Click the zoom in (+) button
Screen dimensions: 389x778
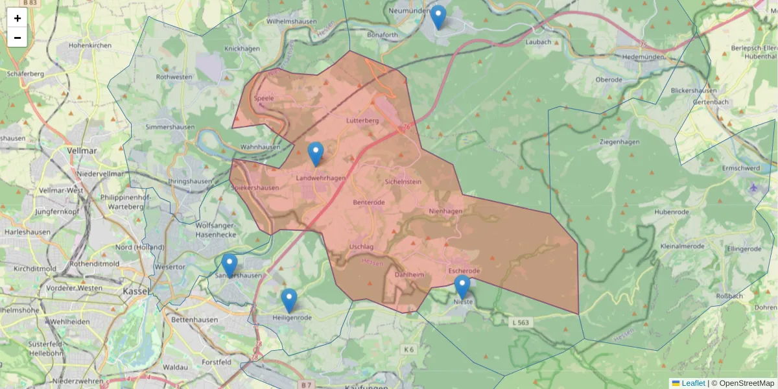tap(18, 18)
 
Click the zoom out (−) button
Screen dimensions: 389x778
tap(18, 38)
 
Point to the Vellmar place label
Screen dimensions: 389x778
tap(82, 150)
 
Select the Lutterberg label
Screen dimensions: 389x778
tap(362, 121)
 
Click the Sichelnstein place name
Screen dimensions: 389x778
tap(403, 182)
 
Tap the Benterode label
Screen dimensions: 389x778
tap(369, 202)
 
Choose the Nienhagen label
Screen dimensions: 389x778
tap(445, 211)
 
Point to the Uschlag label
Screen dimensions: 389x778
tap(361, 247)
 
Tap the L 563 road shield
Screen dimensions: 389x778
tap(521, 322)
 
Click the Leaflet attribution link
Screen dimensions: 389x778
tap(692, 383)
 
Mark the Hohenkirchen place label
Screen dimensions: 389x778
tap(90, 45)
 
